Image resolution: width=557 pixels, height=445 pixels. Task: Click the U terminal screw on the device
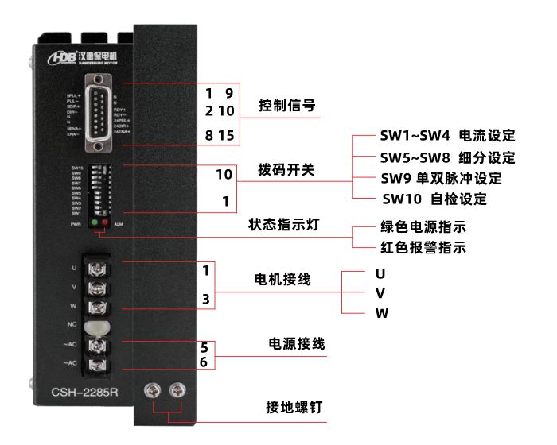point(96,267)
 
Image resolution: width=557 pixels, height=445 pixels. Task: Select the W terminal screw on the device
point(96,306)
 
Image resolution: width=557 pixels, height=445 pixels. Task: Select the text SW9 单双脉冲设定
point(441,178)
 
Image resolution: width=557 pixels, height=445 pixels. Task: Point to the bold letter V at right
point(380,293)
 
